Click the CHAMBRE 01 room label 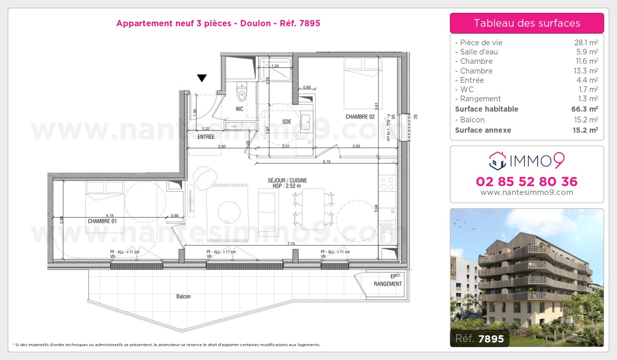click(102, 221)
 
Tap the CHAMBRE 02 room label click(360, 117)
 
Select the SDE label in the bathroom click(286, 121)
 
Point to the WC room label click(240, 109)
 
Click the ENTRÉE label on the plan click(206, 137)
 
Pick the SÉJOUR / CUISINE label click(287, 180)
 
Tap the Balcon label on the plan click(183, 297)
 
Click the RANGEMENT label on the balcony click(388, 284)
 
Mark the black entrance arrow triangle click(202, 78)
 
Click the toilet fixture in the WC click(241, 94)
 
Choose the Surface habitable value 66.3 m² click(586, 109)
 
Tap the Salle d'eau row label click(478, 52)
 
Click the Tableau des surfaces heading click(527, 23)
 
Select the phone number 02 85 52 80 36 click(527, 182)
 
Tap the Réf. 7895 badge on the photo click(480, 338)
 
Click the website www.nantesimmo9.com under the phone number click(527, 192)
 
